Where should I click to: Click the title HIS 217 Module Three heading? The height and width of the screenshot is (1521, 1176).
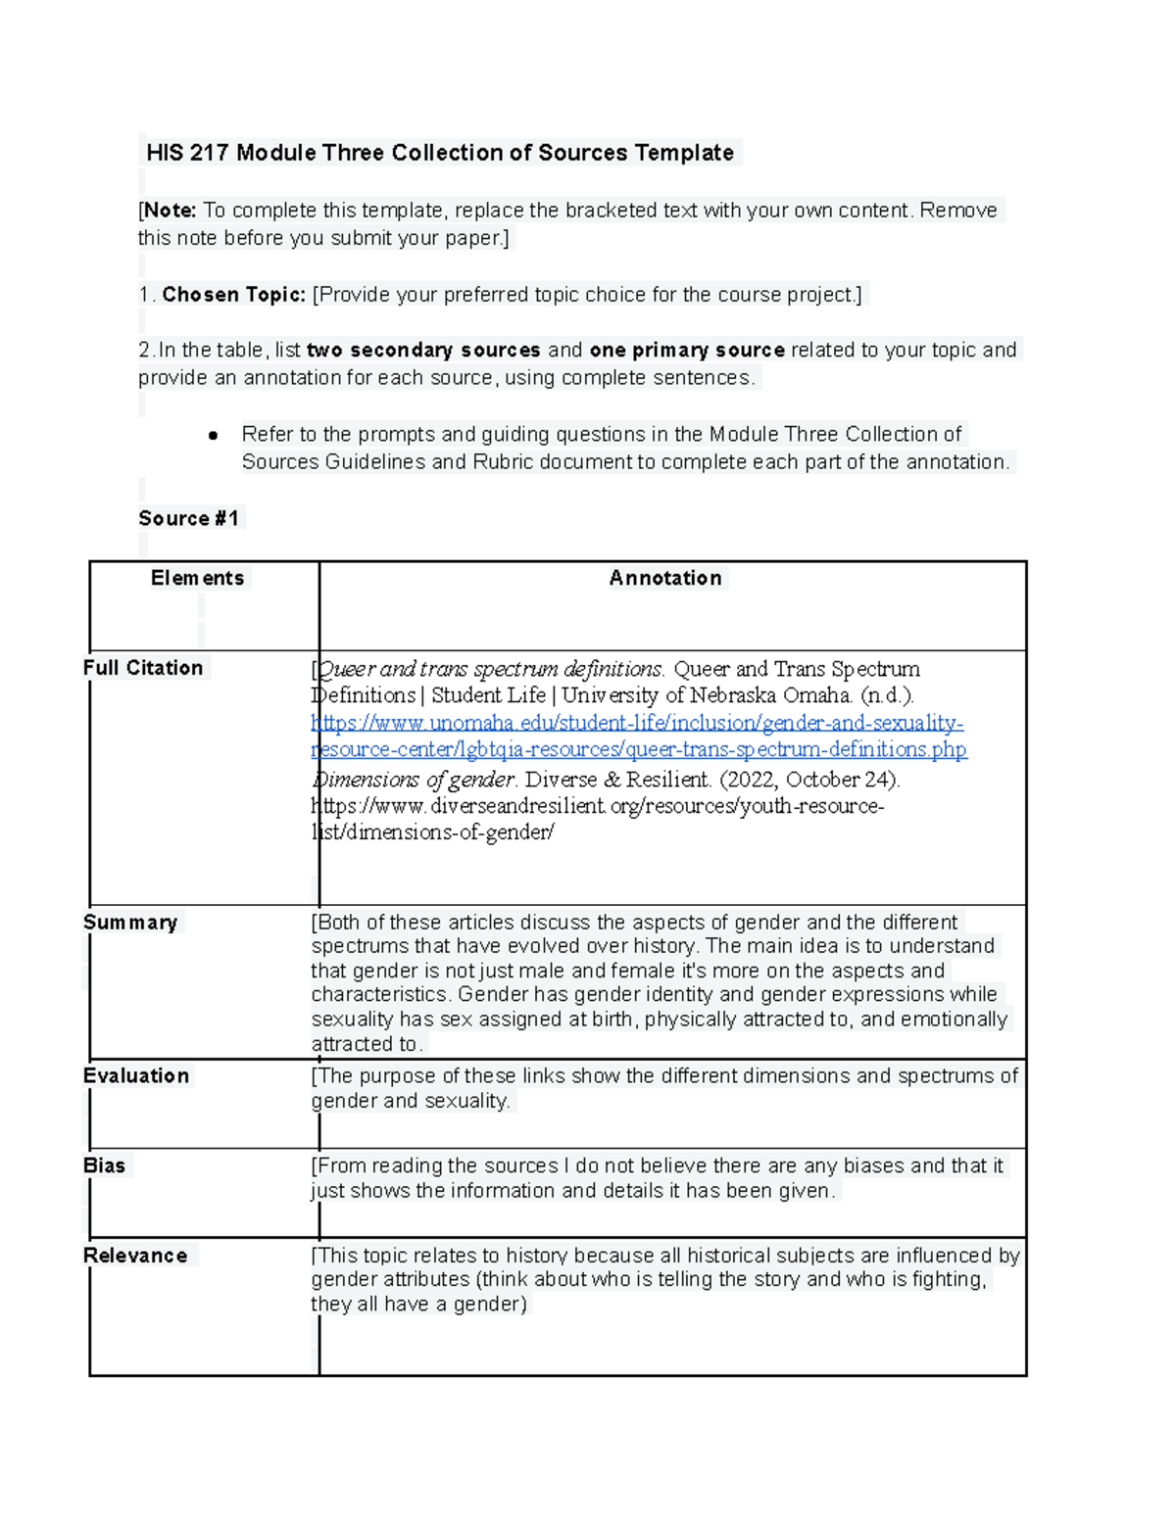[x=439, y=153]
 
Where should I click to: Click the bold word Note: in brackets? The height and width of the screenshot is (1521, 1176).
[x=170, y=211]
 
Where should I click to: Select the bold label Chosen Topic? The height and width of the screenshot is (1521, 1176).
[x=233, y=295]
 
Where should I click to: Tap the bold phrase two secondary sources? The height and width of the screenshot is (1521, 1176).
[x=423, y=351]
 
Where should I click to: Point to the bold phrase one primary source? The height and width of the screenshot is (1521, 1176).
[x=686, y=351]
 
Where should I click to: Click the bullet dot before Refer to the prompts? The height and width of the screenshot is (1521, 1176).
[x=213, y=435]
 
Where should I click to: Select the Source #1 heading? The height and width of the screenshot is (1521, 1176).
[x=189, y=519]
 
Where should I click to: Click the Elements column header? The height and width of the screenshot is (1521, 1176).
[x=197, y=579]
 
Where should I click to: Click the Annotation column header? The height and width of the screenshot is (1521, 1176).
[x=665, y=579]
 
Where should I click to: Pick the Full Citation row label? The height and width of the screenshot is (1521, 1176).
[x=143, y=668]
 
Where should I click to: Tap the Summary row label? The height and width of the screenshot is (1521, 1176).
[x=130, y=923]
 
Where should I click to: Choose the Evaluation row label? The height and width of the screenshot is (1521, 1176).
[x=136, y=1076]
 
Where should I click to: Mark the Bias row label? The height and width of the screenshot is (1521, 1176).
[x=104, y=1165]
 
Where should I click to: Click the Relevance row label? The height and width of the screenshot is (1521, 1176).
[x=135, y=1256]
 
